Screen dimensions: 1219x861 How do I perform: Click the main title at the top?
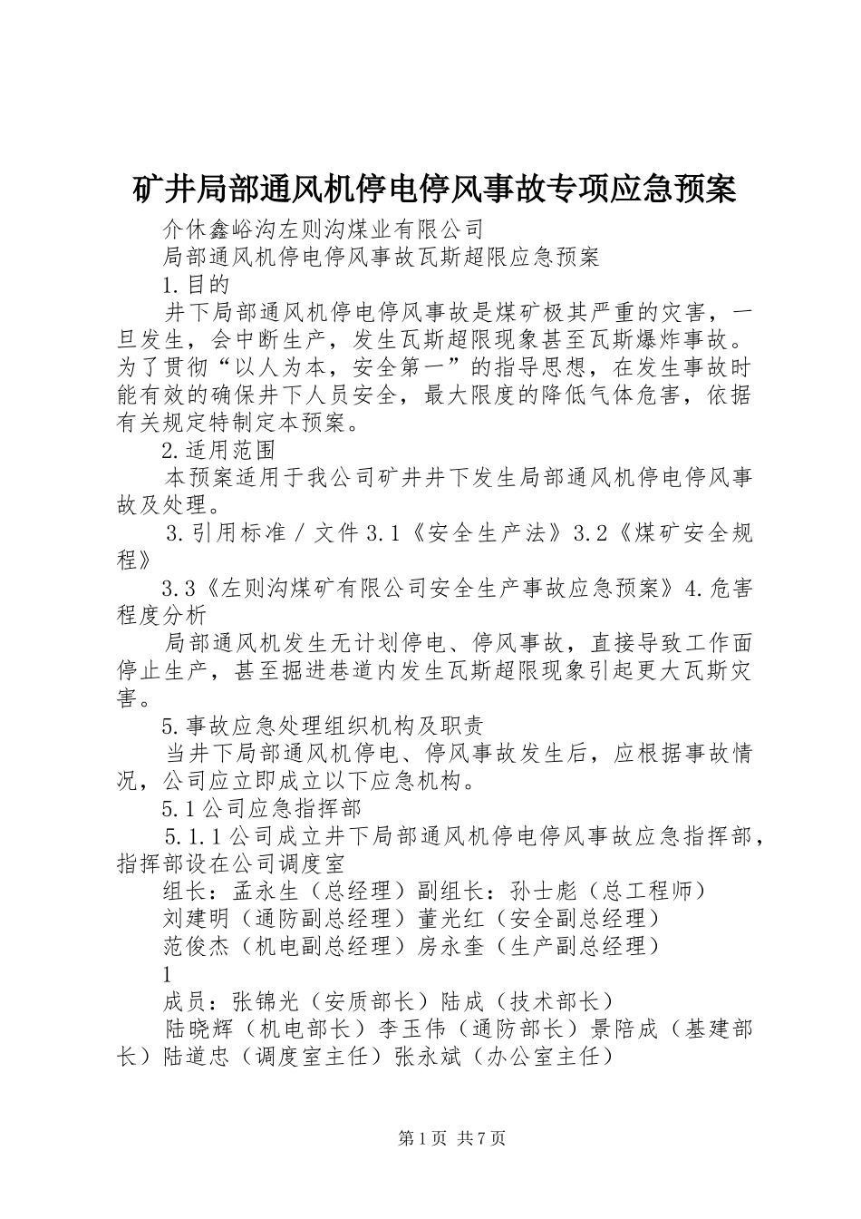(430, 190)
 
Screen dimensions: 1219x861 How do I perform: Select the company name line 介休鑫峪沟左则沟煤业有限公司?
(322, 228)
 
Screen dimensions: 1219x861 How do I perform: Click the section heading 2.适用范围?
(218, 451)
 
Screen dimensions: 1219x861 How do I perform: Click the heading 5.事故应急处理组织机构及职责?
(322, 725)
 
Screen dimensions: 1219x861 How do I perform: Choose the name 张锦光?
(266, 1001)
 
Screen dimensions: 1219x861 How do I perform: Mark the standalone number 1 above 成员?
(167, 975)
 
